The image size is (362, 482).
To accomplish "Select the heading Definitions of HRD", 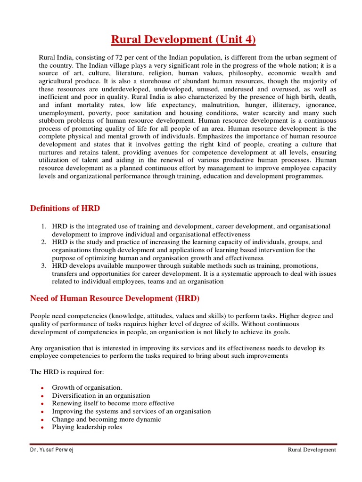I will click(x=65, y=208).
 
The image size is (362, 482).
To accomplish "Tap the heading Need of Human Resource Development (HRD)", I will click(x=115, y=298).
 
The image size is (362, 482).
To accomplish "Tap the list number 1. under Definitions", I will click(x=43, y=226).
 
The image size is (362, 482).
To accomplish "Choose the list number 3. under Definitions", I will click(x=43, y=265).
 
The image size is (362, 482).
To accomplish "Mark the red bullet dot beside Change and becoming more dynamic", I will click(x=42, y=420).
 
